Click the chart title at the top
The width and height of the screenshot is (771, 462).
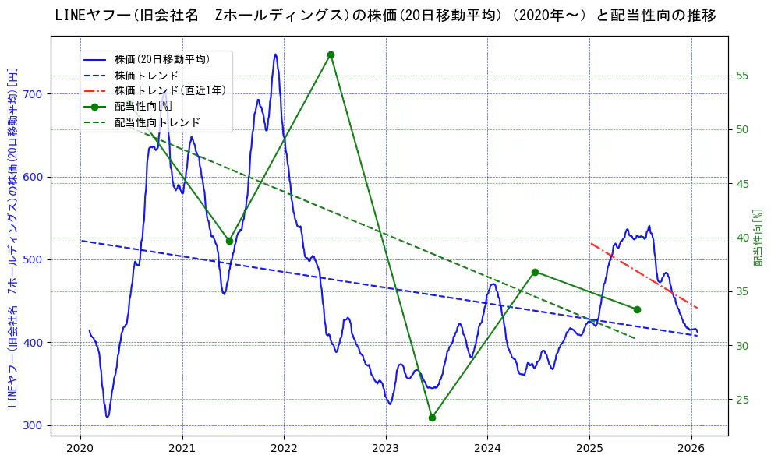[x=386, y=16]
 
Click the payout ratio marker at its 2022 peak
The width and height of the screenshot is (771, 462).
[x=331, y=55]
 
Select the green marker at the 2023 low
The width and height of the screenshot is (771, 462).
[x=432, y=418]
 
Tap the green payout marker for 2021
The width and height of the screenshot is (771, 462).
[x=229, y=241]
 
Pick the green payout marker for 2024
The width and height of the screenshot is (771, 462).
[x=535, y=272]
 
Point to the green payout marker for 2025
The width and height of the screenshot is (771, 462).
[x=637, y=309]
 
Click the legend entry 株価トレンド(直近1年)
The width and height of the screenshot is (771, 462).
[x=170, y=90]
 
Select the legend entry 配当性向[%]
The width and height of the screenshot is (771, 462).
[x=143, y=106]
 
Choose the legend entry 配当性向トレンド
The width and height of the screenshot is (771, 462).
[x=157, y=122]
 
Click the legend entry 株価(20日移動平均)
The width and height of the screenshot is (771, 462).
[x=161, y=58]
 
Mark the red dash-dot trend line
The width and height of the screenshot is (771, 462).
[x=639, y=273]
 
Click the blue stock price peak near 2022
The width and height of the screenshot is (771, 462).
[x=275, y=55]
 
